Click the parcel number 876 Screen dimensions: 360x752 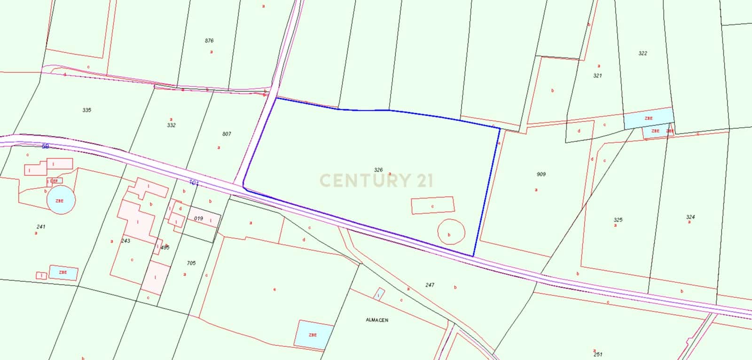click(209, 41)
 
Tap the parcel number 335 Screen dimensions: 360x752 click(86, 110)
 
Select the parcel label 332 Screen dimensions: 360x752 click(171, 125)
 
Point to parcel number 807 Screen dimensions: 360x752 click(227, 134)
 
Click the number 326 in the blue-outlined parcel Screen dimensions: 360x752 click(378, 170)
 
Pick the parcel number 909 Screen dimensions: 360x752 click(541, 174)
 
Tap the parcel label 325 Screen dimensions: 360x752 click(618, 219)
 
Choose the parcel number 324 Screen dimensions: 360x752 click(690, 217)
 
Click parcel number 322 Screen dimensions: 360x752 click(642, 53)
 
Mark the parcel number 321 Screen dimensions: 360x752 click(597, 75)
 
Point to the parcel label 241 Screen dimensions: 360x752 click(40, 227)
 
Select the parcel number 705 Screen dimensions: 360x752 click(191, 263)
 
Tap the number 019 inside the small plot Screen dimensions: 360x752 click(198, 219)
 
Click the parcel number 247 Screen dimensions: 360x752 click(430, 285)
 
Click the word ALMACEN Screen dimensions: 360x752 click(377, 320)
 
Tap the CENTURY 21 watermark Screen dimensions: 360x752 click(376, 180)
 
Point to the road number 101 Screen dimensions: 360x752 click(194, 182)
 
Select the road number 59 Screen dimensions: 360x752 click(45, 147)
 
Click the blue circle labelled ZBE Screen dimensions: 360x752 click(61, 200)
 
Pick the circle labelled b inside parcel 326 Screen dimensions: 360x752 click(451, 232)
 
